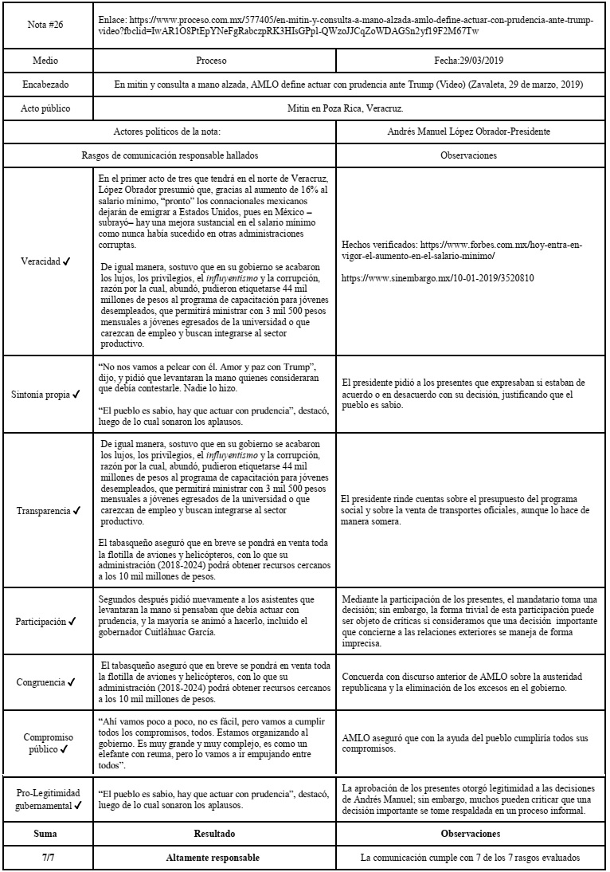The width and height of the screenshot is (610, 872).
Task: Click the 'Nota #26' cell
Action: tap(45, 25)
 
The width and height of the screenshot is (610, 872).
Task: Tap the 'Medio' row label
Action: tap(45, 61)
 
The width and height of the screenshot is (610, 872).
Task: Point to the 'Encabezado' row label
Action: tap(45, 84)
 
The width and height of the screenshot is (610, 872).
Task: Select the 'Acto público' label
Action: tap(45, 107)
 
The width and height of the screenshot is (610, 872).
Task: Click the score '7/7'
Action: tap(45, 858)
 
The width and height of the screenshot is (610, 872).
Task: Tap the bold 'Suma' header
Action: tap(45, 833)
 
